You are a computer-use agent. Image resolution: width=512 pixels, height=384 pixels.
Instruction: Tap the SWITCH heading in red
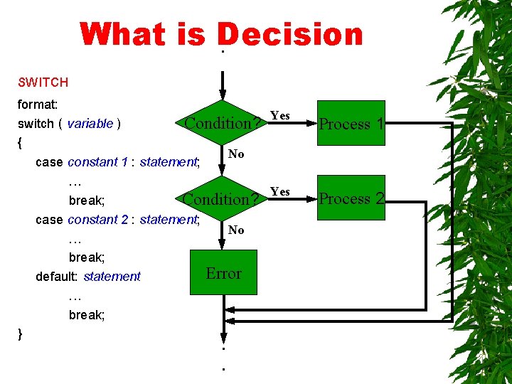(43, 82)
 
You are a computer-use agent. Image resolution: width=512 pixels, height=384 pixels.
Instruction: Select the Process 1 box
(351, 123)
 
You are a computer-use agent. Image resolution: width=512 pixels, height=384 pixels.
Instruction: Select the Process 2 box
(351, 198)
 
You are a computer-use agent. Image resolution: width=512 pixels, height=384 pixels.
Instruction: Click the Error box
(223, 273)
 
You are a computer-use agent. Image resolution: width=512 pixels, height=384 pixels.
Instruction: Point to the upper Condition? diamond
(222, 123)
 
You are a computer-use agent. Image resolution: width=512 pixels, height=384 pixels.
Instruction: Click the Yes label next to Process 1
(280, 115)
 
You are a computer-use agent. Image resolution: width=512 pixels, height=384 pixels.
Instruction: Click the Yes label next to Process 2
(280, 191)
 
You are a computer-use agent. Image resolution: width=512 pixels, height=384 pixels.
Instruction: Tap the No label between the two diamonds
(236, 154)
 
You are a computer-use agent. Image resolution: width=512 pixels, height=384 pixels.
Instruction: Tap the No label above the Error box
(236, 230)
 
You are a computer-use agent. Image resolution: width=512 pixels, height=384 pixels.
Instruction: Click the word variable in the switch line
(90, 124)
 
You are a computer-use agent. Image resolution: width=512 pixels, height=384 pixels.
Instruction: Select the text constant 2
(99, 220)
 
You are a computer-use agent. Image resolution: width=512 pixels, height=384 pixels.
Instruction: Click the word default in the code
(56, 277)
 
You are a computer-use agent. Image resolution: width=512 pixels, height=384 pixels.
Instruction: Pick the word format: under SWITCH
(37, 104)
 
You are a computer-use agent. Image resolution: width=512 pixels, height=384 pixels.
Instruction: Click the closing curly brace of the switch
(21, 333)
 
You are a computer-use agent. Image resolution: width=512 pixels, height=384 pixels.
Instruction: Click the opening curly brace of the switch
(20, 143)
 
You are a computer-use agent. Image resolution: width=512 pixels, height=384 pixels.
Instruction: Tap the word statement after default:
(112, 277)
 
